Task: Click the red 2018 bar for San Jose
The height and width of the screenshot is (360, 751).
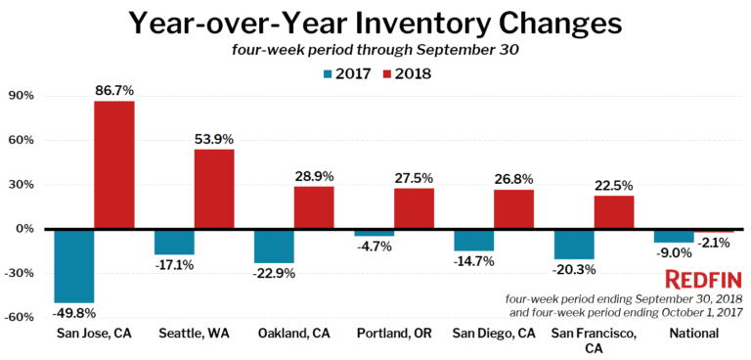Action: (x=113, y=164)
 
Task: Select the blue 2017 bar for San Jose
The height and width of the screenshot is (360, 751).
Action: (x=73, y=265)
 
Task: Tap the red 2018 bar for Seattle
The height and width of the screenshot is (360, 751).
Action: (x=213, y=189)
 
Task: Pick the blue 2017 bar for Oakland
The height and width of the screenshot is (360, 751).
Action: (x=274, y=246)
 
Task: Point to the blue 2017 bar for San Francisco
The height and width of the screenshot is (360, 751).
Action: (x=574, y=244)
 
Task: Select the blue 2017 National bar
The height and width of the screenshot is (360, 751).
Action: (x=674, y=235)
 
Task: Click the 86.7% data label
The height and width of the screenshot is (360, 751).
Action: (x=113, y=91)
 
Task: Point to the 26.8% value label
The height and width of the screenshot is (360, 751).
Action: (x=513, y=179)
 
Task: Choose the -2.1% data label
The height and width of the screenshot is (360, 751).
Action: (x=715, y=242)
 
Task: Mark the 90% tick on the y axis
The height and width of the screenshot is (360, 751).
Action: (x=20, y=96)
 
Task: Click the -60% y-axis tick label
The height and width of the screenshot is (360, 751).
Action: (x=18, y=317)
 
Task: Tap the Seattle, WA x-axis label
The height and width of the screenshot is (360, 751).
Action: (x=194, y=334)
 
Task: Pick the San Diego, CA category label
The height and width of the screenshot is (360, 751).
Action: (x=494, y=334)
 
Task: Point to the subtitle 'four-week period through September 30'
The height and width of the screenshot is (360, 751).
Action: (x=376, y=50)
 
